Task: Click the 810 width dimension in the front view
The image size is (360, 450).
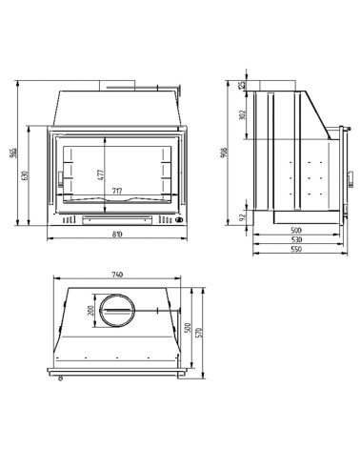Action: (x=116, y=234)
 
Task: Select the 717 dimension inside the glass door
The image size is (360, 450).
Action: (x=116, y=191)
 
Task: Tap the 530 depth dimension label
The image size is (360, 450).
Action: (x=296, y=239)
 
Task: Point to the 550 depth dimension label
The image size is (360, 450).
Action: (x=296, y=250)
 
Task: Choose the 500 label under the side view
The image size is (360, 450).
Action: (x=296, y=230)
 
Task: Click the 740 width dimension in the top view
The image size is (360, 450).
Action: (x=117, y=276)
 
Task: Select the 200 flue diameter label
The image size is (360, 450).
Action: (x=92, y=312)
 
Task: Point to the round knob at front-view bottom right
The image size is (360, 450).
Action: (x=176, y=219)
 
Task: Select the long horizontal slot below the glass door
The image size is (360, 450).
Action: (x=116, y=219)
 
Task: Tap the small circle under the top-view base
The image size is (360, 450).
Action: (x=59, y=378)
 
